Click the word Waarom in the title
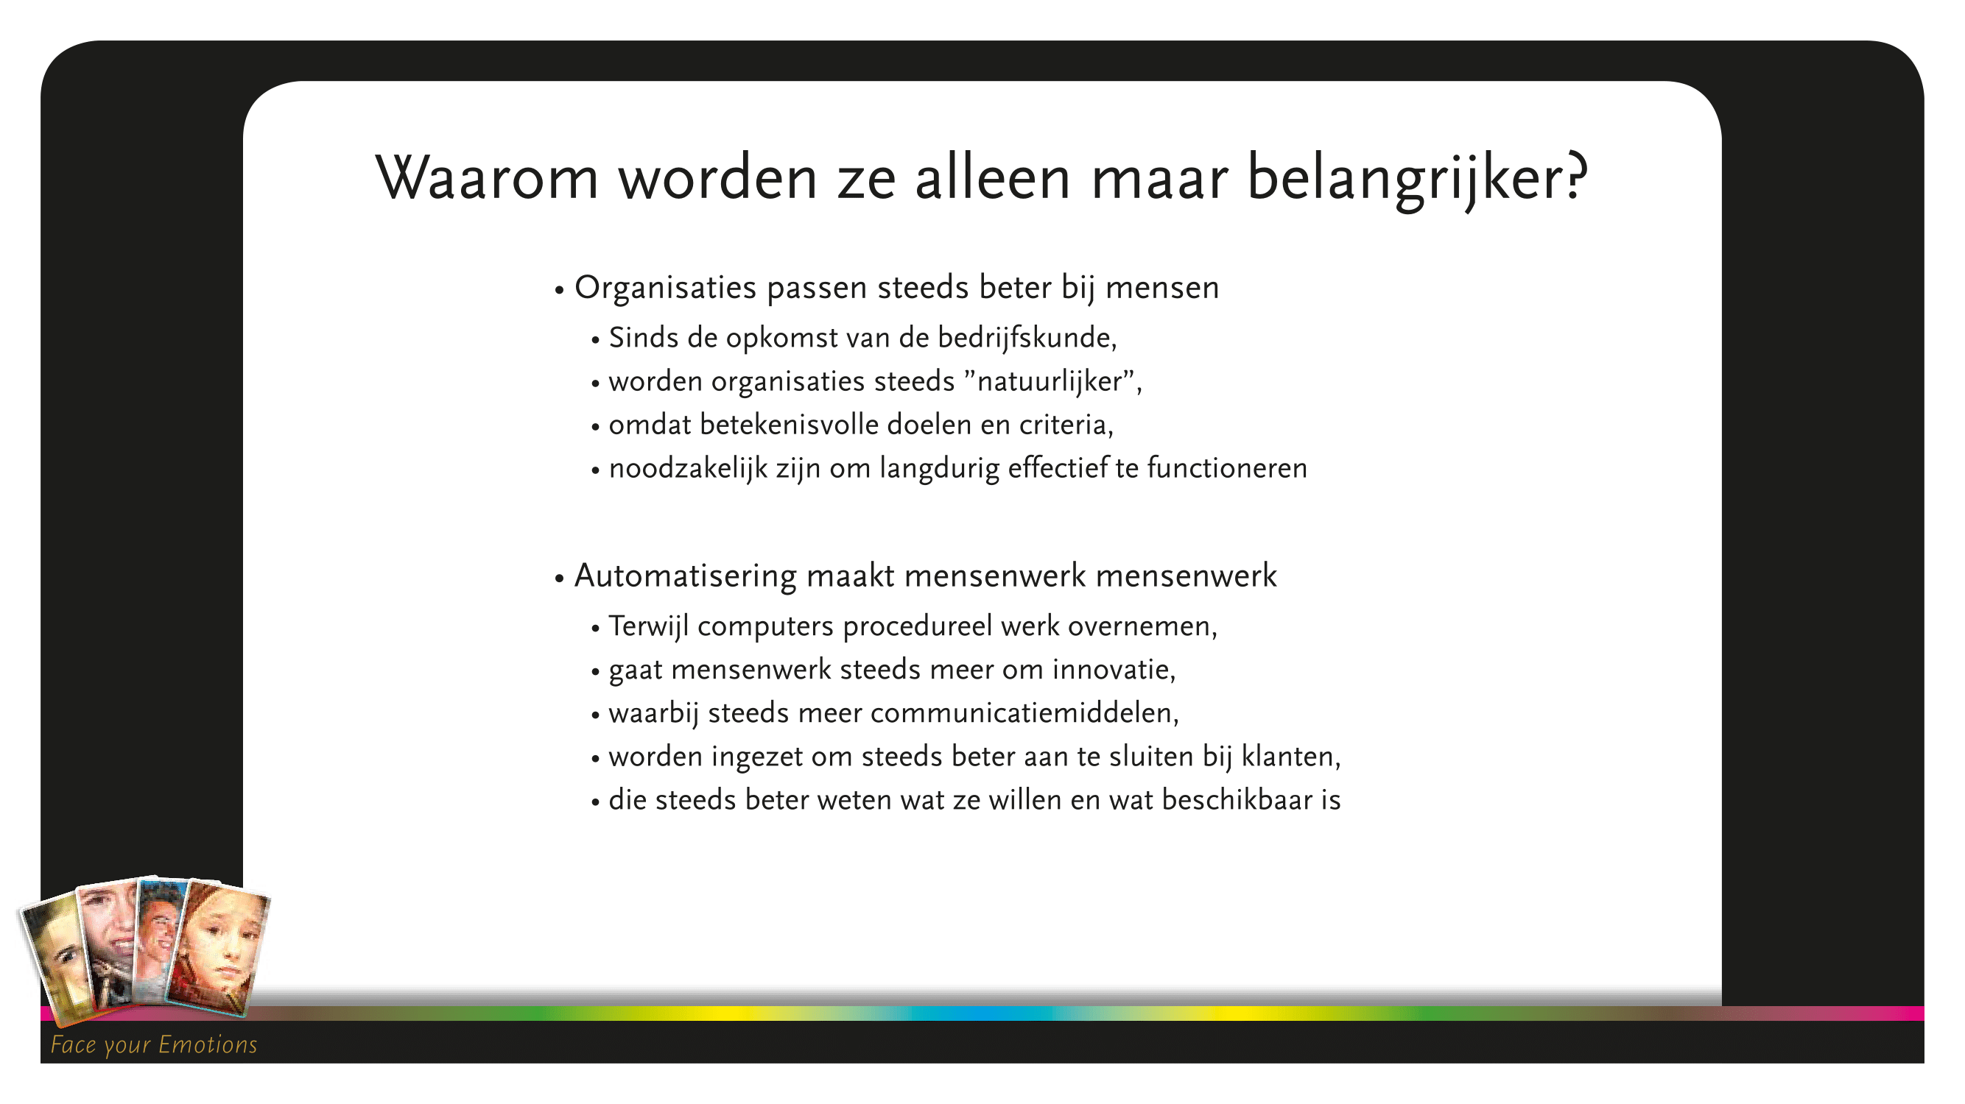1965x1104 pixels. pyautogui.click(x=487, y=177)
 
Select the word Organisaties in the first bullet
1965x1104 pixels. pyautogui.click(x=665, y=288)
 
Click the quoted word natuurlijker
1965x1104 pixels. pyautogui.click(x=1049, y=381)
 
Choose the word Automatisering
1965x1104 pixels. pyautogui.click(x=685, y=576)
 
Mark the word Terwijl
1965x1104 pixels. pyautogui.click(x=648, y=626)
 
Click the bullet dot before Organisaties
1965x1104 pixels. pyautogui.click(x=559, y=291)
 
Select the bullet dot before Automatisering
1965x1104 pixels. pyautogui.click(x=559, y=578)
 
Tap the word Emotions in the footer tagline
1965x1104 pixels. pyautogui.click(x=208, y=1044)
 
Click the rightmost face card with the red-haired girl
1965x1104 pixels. pyautogui.click(x=219, y=950)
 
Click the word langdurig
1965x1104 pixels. pyautogui.click(x=939, y=468)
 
